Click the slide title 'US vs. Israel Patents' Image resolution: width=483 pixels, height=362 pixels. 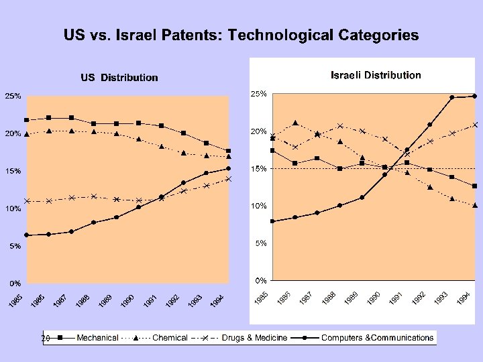pos(241,35)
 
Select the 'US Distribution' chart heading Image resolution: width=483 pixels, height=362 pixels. pos(119,78)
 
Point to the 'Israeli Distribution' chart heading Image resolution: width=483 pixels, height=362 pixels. pos(376,75)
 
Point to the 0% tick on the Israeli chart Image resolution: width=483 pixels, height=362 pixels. pos(259,280)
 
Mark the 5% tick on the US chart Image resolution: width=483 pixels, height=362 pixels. pos(15,247)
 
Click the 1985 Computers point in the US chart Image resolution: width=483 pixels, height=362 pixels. pos(27,235)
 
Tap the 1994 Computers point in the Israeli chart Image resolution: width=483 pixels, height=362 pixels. pos(474,96)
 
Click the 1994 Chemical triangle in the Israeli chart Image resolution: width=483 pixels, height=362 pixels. pos(474,205)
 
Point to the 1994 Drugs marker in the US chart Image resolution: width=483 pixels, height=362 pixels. pos(228,179)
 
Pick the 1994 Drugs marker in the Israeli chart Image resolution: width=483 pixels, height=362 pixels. pos(474,125)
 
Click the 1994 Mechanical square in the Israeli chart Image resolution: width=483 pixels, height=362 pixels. pos(474,186)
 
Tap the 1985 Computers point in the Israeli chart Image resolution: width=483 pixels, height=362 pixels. pos(272,221)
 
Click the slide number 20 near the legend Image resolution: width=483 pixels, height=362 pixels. pos(45,338)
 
